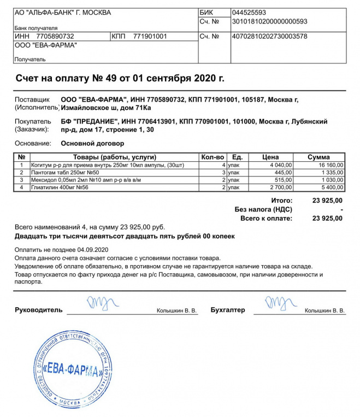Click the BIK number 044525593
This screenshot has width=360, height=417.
249,12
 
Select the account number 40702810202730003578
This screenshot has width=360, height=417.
269,37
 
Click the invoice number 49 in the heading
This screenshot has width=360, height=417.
104,78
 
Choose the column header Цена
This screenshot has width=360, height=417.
270,157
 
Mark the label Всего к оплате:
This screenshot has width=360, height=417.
266,218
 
